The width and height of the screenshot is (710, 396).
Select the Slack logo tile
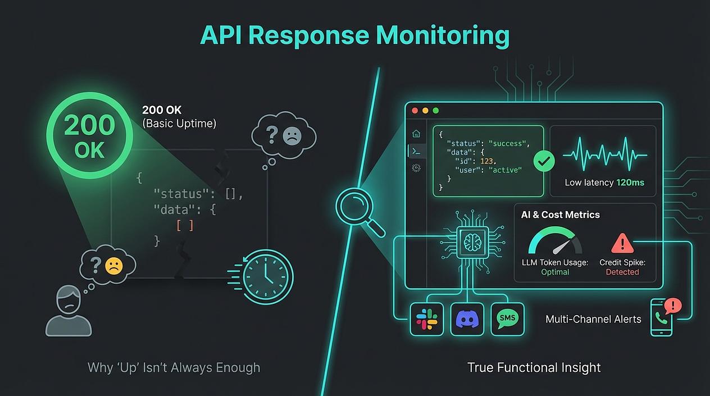[426, 319]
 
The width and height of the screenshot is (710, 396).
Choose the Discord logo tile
[467, 319]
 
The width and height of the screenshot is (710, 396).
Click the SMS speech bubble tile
[507, 318]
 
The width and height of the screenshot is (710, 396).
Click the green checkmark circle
[543, 162]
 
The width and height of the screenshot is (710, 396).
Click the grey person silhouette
[69, 312]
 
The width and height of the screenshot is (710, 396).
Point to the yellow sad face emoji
[113, 265]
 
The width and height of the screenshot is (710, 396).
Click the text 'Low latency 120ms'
[604, 183]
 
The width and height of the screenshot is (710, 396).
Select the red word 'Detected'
[622, 272]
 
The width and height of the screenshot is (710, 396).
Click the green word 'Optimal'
[555, 272]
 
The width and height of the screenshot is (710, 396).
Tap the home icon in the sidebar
[416, 134]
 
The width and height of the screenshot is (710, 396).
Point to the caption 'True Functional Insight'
[534, 367]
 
